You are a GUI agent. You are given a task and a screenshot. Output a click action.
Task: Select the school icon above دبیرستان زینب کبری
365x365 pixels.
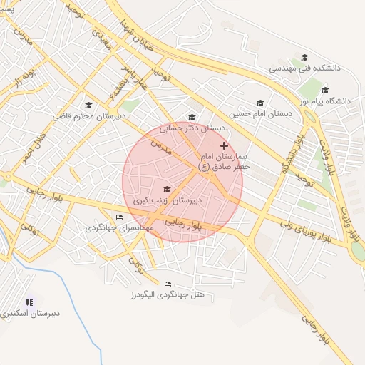(x=167, y=189)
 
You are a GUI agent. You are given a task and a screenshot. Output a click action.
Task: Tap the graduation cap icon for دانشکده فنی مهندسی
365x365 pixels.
(x=304, y=58)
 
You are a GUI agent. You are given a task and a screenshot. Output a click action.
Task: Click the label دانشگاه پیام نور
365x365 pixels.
(x=326, y=101)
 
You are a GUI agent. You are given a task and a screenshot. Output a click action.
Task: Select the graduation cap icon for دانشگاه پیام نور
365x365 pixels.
(x=326, y=90)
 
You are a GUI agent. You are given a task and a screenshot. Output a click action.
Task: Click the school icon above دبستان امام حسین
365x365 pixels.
(x=260, y=103)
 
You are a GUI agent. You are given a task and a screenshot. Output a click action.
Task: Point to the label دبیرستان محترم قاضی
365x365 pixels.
(x=88, y=115)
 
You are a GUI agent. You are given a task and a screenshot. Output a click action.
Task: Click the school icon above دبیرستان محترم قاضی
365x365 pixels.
(x=88, y=105)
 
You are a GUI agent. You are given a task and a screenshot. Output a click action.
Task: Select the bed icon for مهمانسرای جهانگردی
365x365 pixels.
(x=119, y=217)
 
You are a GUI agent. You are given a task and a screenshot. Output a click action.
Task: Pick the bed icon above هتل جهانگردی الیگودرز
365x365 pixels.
(x=168, y=284)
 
